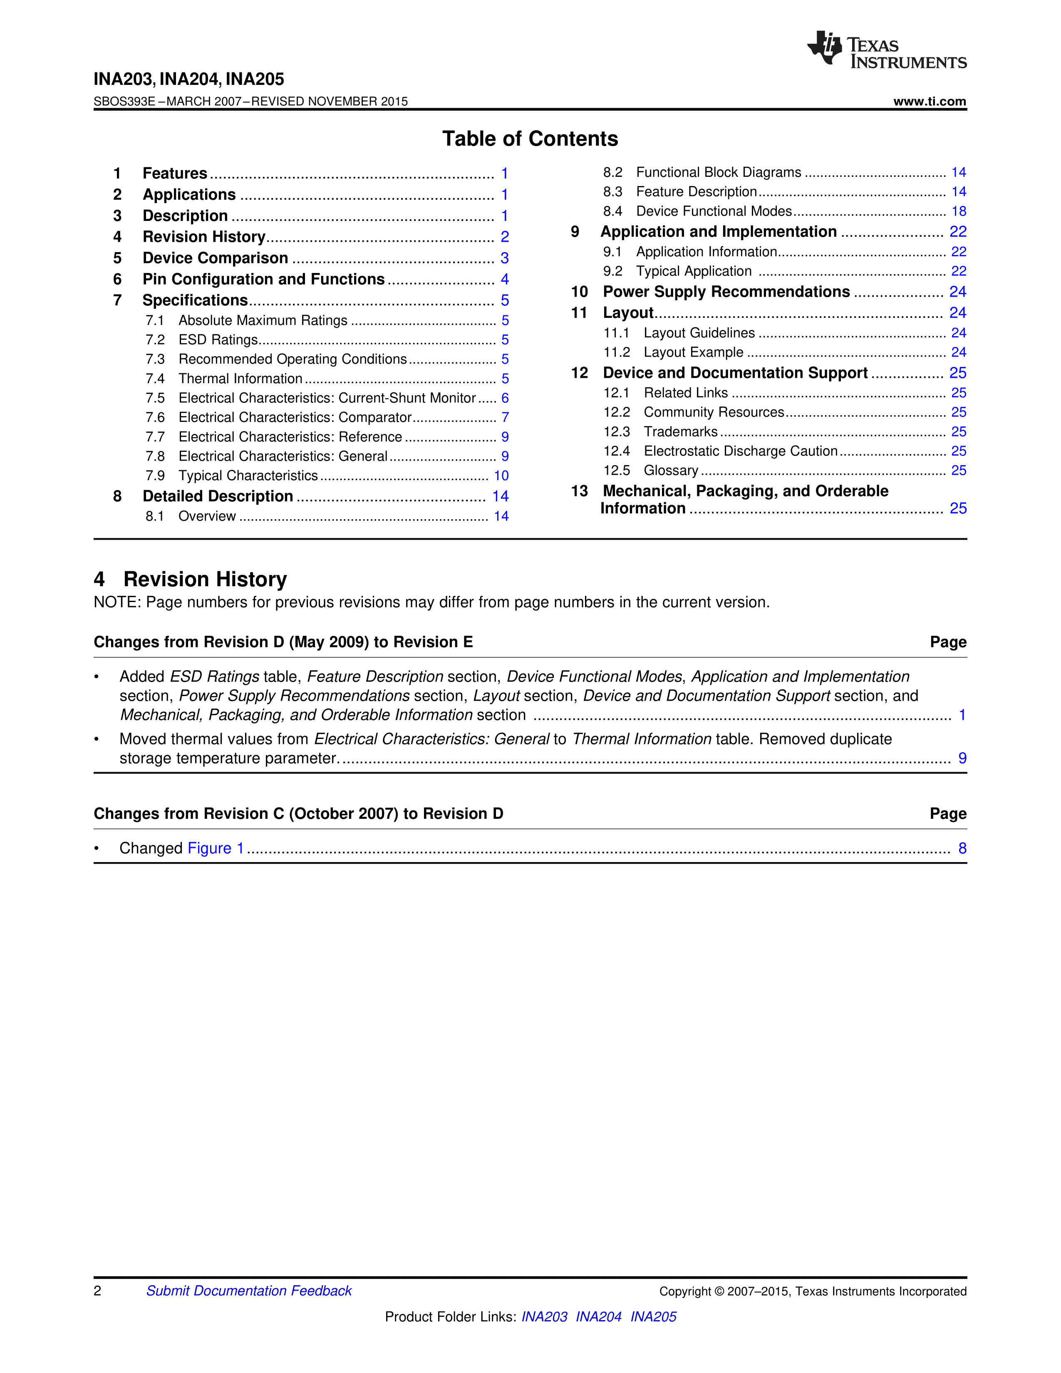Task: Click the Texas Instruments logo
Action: [x=886, y=49]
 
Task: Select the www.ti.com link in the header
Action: [x=930, y=101]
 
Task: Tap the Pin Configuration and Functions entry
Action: [x=263, y=279]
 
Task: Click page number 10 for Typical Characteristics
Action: [x=501, y=476]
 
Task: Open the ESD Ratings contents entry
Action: [x=218, y=340]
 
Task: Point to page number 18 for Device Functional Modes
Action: [x=959, y=211]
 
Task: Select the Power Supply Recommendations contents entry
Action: [x=726, y=292]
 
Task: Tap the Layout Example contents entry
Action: [x=693, y=353]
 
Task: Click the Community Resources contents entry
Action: [x=714, y=412]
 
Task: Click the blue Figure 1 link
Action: [x=216, y=849]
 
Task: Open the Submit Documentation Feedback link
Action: [x=249, y=1291]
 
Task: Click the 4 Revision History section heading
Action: [x=191, y=579]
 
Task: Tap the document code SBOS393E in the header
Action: [x=124, y=101]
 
